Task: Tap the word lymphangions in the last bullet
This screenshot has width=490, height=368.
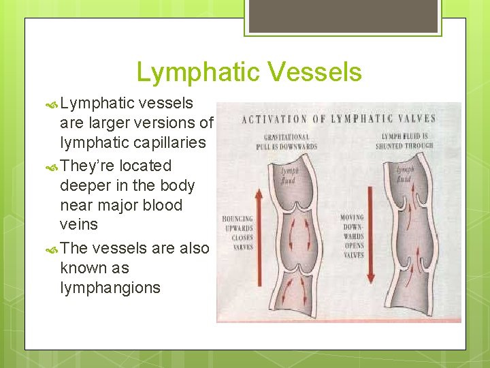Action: pyautogui.click(x=110, y=288)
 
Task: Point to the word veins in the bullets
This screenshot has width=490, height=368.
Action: pyautogui.click(x=79, y=224)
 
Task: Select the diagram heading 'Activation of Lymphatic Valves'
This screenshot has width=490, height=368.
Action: pyautogui.click(x=339, y=119)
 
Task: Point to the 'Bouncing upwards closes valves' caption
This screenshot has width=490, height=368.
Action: pyautogui.click(x=238, y=234)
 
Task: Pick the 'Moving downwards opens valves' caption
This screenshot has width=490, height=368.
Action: pyautogui.click(x=353, y=236)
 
